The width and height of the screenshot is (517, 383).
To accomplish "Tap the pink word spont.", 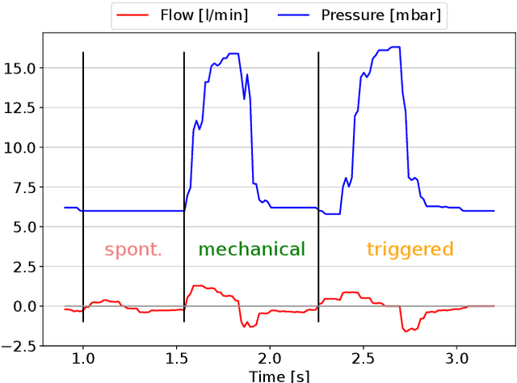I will [x=133, y=250].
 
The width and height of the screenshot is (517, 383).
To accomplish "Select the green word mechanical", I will [x=252, y=250].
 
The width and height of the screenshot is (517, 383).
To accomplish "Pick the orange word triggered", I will [x=410, y=250].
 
